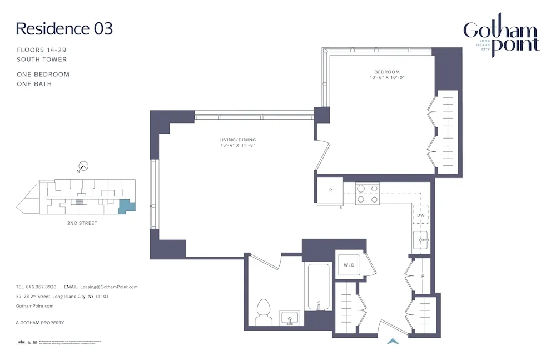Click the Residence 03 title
click(x=64, y=28)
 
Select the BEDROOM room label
click(x=386, y=72)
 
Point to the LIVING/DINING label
click(x=237, y=140)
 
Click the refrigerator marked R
click(x=330, y=190)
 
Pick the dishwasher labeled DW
click(x=421, y=215)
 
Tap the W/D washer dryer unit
click(x=349, y=265)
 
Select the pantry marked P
click(x=422, y=276)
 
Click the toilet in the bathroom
click(x=262, y=312)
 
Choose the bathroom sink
click(x=289, y=318)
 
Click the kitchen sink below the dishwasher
click(x=421, y=240)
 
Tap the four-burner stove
click(x=367, y=194)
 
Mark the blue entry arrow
click(x=393, y=342)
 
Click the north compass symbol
click(x=83, y=166)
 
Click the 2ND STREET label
click(x=82, y=223)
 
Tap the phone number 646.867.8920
click(x=41, y=287)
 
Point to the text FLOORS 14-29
click(x=42, y=50)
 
